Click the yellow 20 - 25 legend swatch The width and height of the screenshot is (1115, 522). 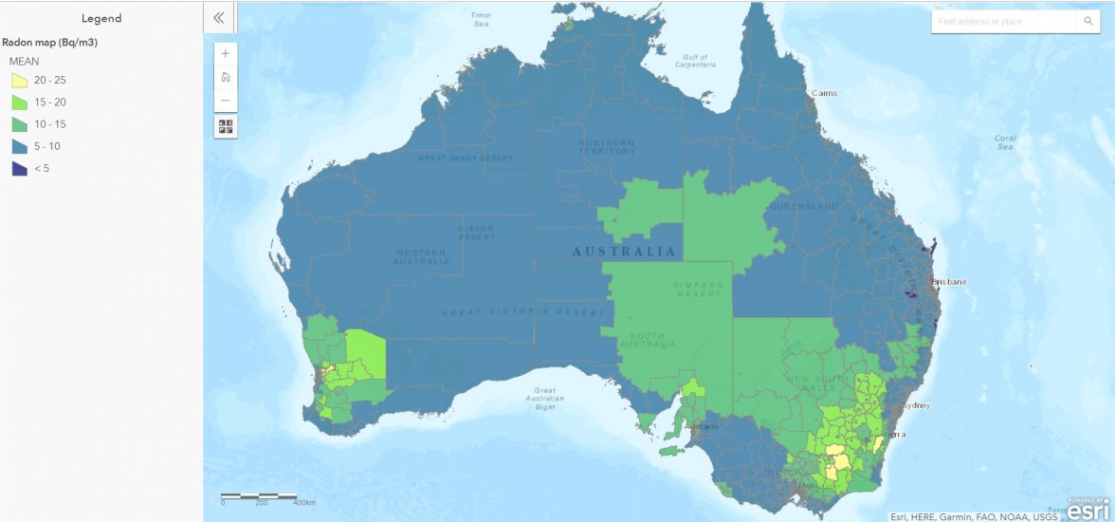pos(19,81)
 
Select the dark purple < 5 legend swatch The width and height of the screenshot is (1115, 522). pos(19,168)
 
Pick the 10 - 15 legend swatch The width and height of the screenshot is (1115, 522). pos(19,124)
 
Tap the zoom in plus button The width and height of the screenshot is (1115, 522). pos(226,54)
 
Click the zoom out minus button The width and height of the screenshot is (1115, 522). pos(226,101)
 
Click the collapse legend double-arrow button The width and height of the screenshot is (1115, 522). pos(219,17)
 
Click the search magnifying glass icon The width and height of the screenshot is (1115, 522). pos(1088,21)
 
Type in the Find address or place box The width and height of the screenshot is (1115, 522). pos(1005,21)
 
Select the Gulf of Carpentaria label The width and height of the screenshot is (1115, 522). pos(696,61)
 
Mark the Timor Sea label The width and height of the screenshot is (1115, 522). pos(481,19)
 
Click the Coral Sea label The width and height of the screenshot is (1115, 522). pos(1006,142)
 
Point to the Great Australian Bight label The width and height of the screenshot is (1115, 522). pos(544,399)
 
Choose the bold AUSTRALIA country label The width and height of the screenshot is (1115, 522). pos(624,252)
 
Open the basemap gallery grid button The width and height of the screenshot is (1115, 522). pos(226,125)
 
